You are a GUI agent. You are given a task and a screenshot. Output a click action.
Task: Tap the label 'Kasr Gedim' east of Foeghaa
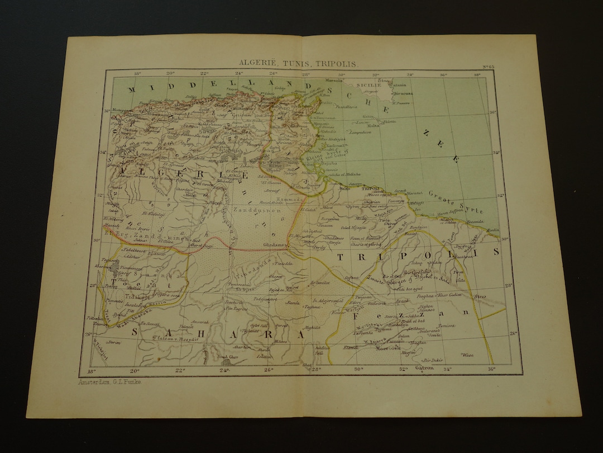point(452,294)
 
